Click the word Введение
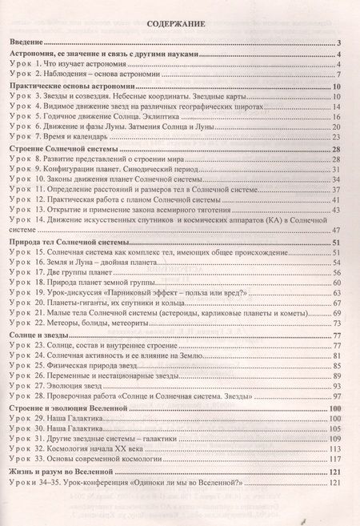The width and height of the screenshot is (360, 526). click(x=32, y=42)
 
